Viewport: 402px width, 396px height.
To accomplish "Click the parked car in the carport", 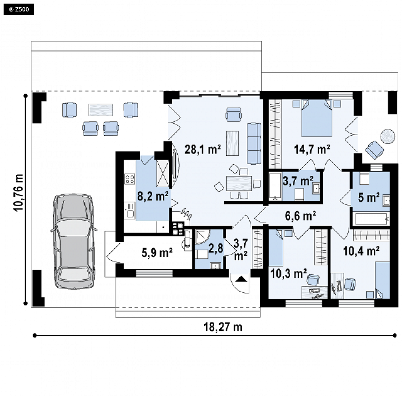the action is [73, 241].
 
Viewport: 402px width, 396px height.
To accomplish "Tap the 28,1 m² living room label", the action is [203, 149].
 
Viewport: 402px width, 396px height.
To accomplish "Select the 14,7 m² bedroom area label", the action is [312, 149].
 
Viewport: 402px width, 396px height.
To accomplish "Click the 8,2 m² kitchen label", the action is [153, 196].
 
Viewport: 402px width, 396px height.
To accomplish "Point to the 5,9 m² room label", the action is [157, 253].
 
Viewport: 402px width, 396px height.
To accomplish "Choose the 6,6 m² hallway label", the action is [301, 216].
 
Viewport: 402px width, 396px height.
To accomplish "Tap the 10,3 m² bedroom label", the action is [288, 274].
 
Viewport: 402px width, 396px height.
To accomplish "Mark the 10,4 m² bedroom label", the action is [361, 251].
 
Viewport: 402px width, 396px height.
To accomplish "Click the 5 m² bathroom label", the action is [369, 198].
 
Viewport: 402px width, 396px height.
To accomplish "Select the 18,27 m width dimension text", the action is [223, 327].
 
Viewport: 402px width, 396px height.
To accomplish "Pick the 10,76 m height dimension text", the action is [19, 193].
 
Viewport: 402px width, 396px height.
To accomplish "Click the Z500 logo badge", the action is [19, 10].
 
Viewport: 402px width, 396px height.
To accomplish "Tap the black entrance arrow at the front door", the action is [241, 279].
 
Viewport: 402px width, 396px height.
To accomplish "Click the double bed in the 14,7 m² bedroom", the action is [317, 118].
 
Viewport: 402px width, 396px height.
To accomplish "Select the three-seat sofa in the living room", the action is [254, 143].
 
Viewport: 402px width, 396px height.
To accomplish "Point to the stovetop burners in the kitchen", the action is [130, 179].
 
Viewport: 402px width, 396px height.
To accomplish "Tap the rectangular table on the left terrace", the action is [101, 110].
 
